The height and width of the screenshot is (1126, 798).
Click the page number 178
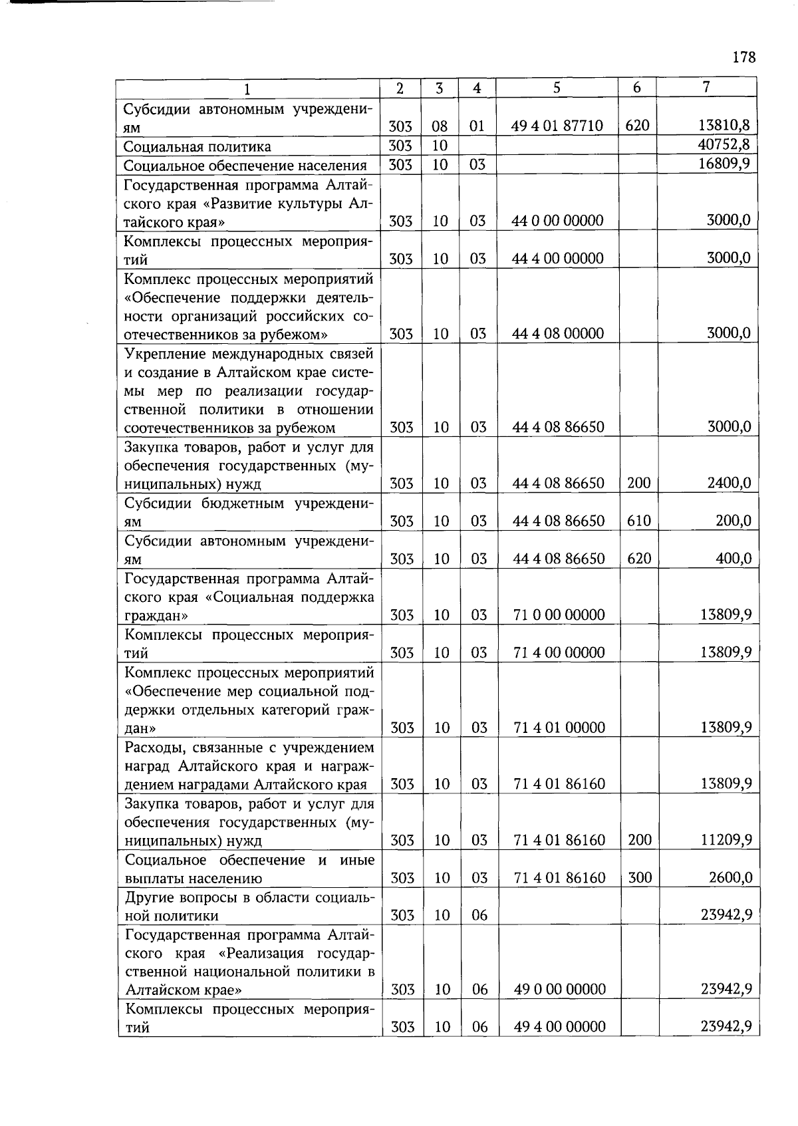[744, 57]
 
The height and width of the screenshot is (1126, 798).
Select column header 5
[557, 88]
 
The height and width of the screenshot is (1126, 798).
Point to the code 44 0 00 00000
[558, 221]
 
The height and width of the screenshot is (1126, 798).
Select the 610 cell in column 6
[638, 521]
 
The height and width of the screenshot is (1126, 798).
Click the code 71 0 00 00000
[559, 615]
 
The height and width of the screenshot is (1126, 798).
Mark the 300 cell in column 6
[640, 878]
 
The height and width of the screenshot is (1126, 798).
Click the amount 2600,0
[730, 878]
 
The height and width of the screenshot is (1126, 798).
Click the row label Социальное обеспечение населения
[245, 165]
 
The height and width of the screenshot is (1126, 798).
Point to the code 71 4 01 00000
[559, 728]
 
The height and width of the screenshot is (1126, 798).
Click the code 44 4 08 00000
[558, 334]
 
